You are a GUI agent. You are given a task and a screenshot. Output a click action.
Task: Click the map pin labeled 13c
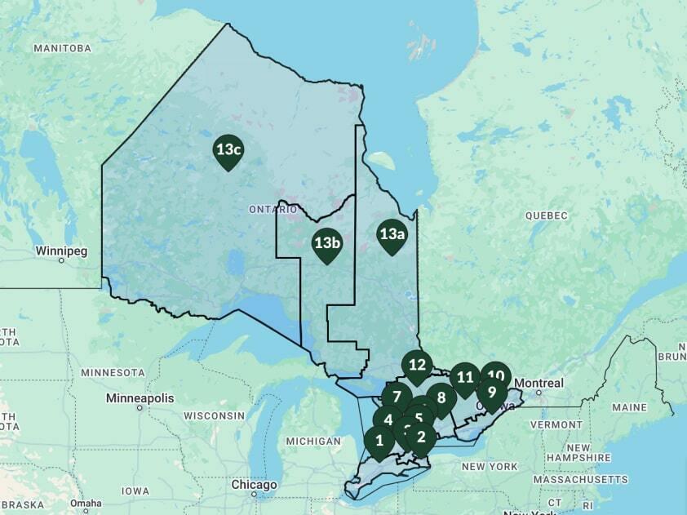click(x=228, y=150)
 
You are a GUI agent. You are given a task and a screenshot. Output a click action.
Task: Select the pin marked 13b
click(x=327, y=243)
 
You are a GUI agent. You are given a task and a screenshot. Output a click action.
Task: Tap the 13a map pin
click(x=392, y=235)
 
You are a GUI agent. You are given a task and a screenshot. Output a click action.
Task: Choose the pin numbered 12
click(x=418, y=365)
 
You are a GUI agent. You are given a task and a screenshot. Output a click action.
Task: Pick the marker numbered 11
click(x=465, y=377)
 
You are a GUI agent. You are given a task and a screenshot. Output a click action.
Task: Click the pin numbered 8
click(x=441, y=398)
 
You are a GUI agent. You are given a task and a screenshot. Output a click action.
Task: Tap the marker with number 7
click(x=397, y=397)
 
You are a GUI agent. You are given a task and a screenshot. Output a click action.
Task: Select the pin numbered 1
click(x=379, y=442)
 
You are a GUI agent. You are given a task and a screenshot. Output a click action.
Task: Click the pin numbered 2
click(x=422, y=437)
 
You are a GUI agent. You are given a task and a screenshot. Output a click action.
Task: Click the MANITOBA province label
click(x=62, y=48)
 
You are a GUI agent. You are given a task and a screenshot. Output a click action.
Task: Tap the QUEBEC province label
click(x=546, y=215)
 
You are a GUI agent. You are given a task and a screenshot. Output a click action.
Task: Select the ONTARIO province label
click(x=273, y=210)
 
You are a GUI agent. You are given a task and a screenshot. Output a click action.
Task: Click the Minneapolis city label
click(x=140, y=398)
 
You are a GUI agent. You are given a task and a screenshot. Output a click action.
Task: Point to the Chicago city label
click(x=254, y=484)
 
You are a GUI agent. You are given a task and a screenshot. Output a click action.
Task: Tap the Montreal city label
click(x=539, y=383)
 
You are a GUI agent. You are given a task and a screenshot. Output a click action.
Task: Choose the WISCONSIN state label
click(x=215, y=415)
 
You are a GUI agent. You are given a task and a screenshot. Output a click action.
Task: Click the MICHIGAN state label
click(x=313, y=441)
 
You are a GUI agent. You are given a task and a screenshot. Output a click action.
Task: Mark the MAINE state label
click(x=628, y=406)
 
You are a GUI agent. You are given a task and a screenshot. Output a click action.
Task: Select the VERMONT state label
click(x=556, y=424)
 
